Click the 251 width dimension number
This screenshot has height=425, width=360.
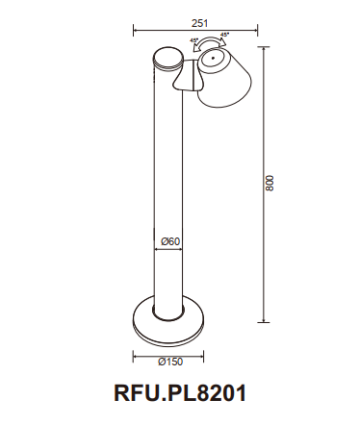coord(198,20)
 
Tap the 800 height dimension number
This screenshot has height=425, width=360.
coord(270,182)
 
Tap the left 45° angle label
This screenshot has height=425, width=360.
coord(194,41)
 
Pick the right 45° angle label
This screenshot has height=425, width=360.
coord(225,36)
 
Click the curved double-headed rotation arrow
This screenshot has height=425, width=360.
coord(209,42)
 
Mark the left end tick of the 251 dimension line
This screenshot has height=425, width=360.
coord(133,29)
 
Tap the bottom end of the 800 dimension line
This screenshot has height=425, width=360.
coord(262,321)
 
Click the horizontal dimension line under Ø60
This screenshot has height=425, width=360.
coord(169,249)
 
